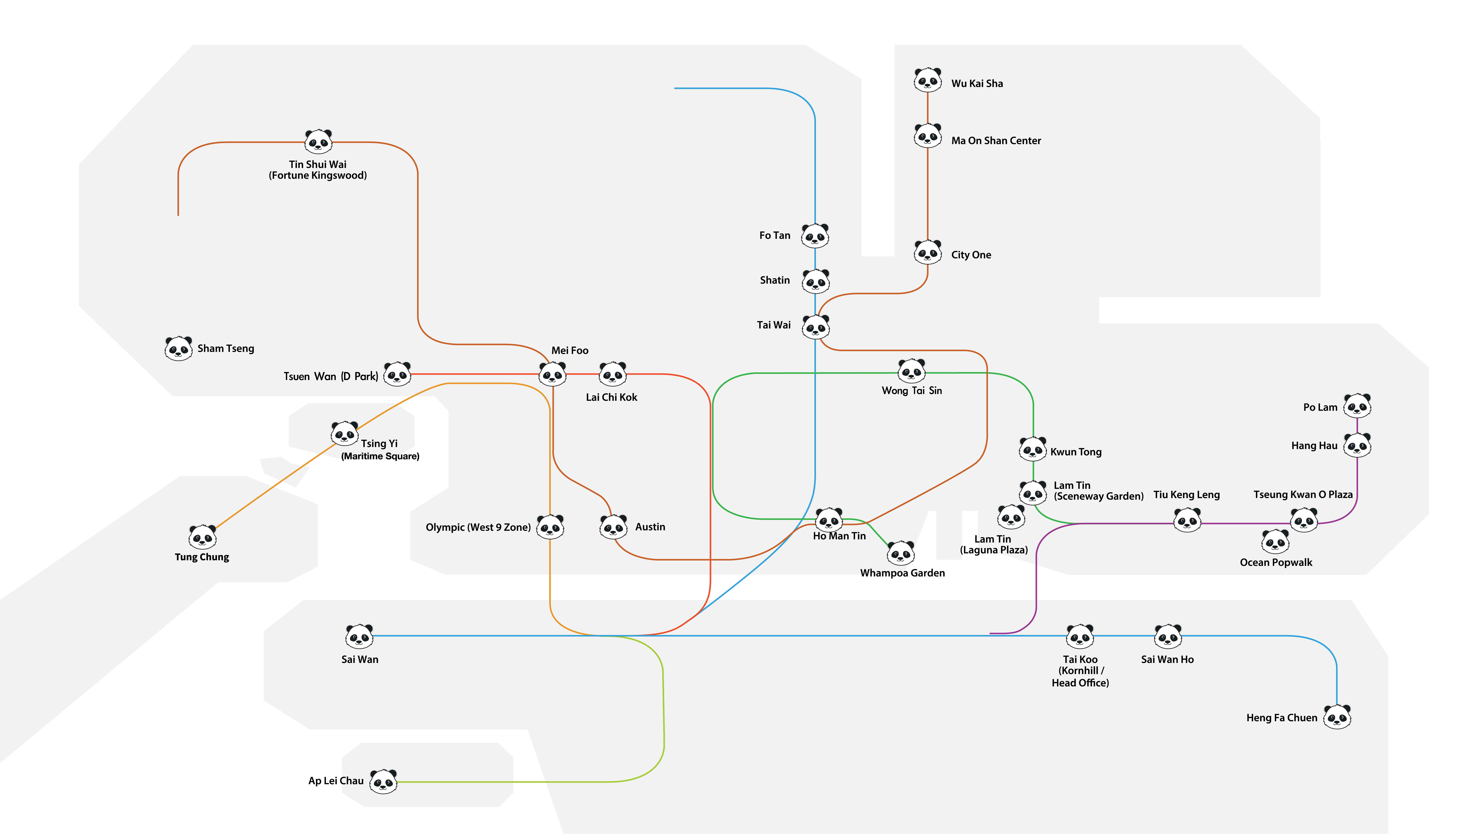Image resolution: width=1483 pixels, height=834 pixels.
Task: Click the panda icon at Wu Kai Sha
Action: click(927, 80)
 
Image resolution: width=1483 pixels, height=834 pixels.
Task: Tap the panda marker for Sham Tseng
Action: click(179, 348)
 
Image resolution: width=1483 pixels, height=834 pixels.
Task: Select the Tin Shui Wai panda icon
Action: click(318, 141)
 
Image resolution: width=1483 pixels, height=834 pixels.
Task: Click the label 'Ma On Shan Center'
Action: click(996, 140)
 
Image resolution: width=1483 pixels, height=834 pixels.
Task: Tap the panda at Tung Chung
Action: click(203, 537)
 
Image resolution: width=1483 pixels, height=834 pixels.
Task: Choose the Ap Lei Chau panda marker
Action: click(383, 781)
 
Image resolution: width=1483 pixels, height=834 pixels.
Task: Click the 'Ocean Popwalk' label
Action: click(1276, 562)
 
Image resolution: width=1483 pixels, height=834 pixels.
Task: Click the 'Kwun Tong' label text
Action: click(1076, 452)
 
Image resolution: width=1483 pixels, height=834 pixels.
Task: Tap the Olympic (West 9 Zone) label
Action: click(478, 527)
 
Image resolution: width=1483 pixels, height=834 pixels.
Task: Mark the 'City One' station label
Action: click(971, 255)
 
